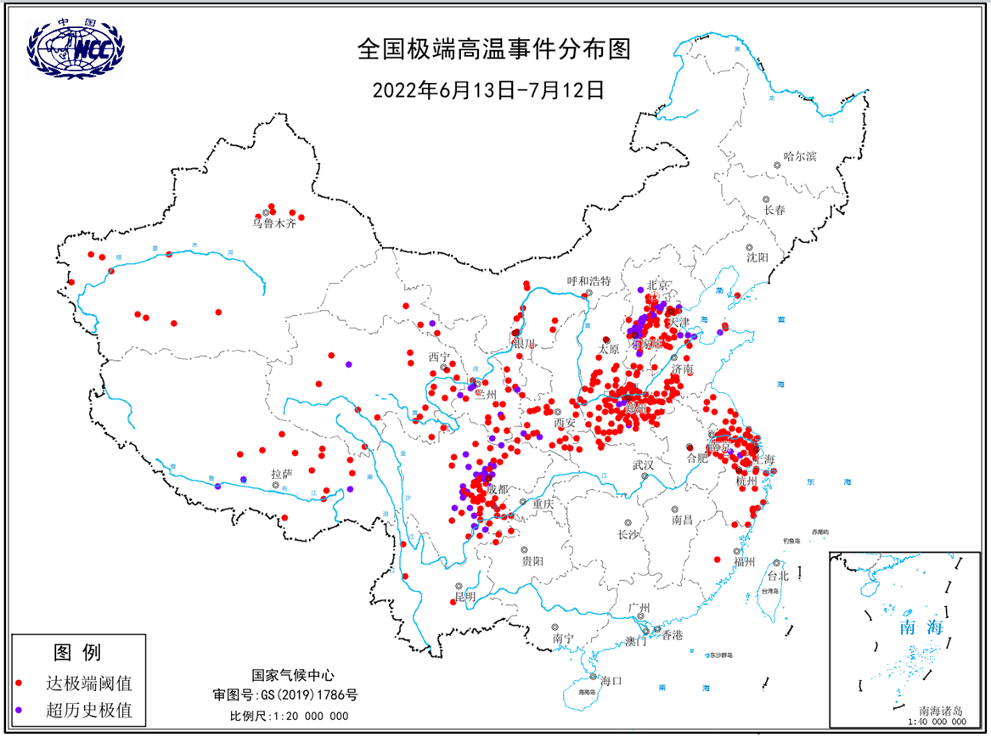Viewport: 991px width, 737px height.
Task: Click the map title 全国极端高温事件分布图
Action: point(495,50)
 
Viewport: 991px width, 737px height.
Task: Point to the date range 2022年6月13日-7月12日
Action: point(488,89)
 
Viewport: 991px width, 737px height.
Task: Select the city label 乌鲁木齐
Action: point(273,224)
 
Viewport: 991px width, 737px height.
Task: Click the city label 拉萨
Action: point(283,474)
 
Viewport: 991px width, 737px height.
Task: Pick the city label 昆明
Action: point(465,598)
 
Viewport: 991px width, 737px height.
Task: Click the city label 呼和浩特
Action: point(588,281)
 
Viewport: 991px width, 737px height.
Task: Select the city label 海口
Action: point(611,680)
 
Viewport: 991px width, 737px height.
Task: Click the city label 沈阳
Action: point(757,256)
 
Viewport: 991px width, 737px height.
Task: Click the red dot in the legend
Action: point(19,683)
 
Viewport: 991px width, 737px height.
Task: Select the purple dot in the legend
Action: point(19,709)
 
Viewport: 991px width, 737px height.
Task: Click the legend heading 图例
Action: point(77,652)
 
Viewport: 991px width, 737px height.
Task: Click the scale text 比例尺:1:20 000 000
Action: point(289,716)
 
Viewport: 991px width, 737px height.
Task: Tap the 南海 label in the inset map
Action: point(921,627)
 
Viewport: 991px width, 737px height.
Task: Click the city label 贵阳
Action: point(532,561)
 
